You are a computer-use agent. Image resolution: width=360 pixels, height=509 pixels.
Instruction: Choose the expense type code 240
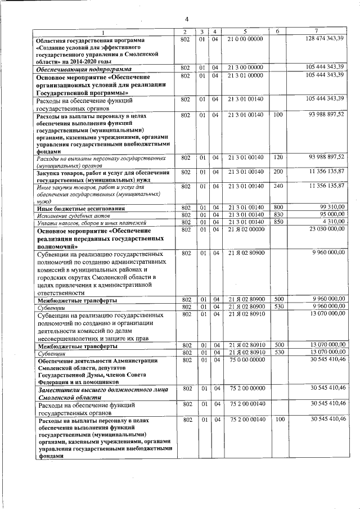tap(278, 186)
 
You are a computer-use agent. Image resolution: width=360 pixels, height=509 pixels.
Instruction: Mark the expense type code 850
tap(278, 222)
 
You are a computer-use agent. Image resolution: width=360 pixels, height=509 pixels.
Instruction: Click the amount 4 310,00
tap(332, 222)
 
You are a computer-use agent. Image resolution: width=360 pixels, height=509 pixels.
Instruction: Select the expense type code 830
tap(278, 215)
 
